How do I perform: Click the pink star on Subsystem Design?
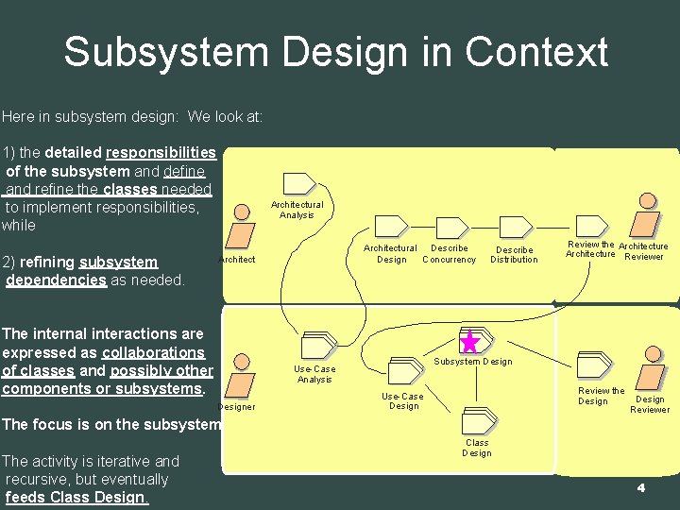tap(469, 342)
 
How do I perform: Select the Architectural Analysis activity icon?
tap(299, 183)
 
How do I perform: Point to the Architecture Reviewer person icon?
tap(647, 219)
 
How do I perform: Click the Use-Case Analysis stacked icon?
tap(318, 347)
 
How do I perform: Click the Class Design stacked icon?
tap(477, 421)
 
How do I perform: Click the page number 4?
tap(640, 488)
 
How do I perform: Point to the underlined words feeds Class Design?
tap(76, 498)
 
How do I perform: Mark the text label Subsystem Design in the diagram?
tap(472, 362)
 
